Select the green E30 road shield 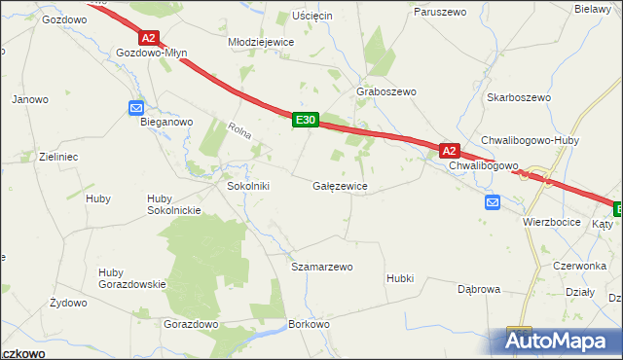pos(305,120)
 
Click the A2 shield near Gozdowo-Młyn pos(148,38)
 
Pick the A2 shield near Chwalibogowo pos(449,151)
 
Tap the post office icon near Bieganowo pos(136,108)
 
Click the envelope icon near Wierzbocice pos(493,202)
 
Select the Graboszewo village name pos(386,91)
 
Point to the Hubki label pos(400,277)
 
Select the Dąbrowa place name pos(479,289)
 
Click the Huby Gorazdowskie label pos(132,278)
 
